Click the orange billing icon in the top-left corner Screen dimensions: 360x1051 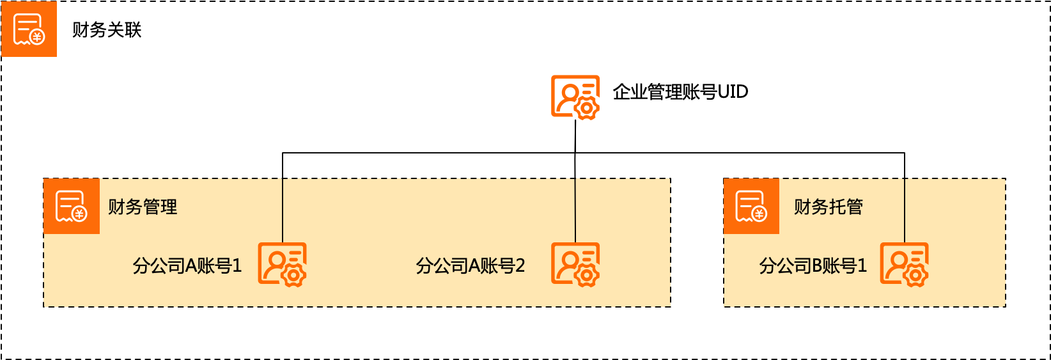point(29,29)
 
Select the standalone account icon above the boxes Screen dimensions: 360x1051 point(575,97)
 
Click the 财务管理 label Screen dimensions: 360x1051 point(143,207)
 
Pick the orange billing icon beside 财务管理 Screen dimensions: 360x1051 point(72,206)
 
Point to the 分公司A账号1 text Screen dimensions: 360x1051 point(187,265)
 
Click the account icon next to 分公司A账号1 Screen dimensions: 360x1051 point(282,264)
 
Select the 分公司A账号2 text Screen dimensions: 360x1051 point(470,265)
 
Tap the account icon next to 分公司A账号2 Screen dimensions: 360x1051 point(575,264)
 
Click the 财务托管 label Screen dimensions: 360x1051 point(829,207)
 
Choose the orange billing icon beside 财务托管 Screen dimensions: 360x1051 point(751,206)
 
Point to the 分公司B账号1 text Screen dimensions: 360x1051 point(813,265)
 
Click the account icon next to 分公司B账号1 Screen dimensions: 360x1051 point(904,264)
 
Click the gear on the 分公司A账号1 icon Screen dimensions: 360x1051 point(293,276)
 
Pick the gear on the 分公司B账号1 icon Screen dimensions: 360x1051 point(915,276)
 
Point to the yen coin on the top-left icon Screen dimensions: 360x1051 point(38,37)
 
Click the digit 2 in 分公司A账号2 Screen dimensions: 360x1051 point(520,265)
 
